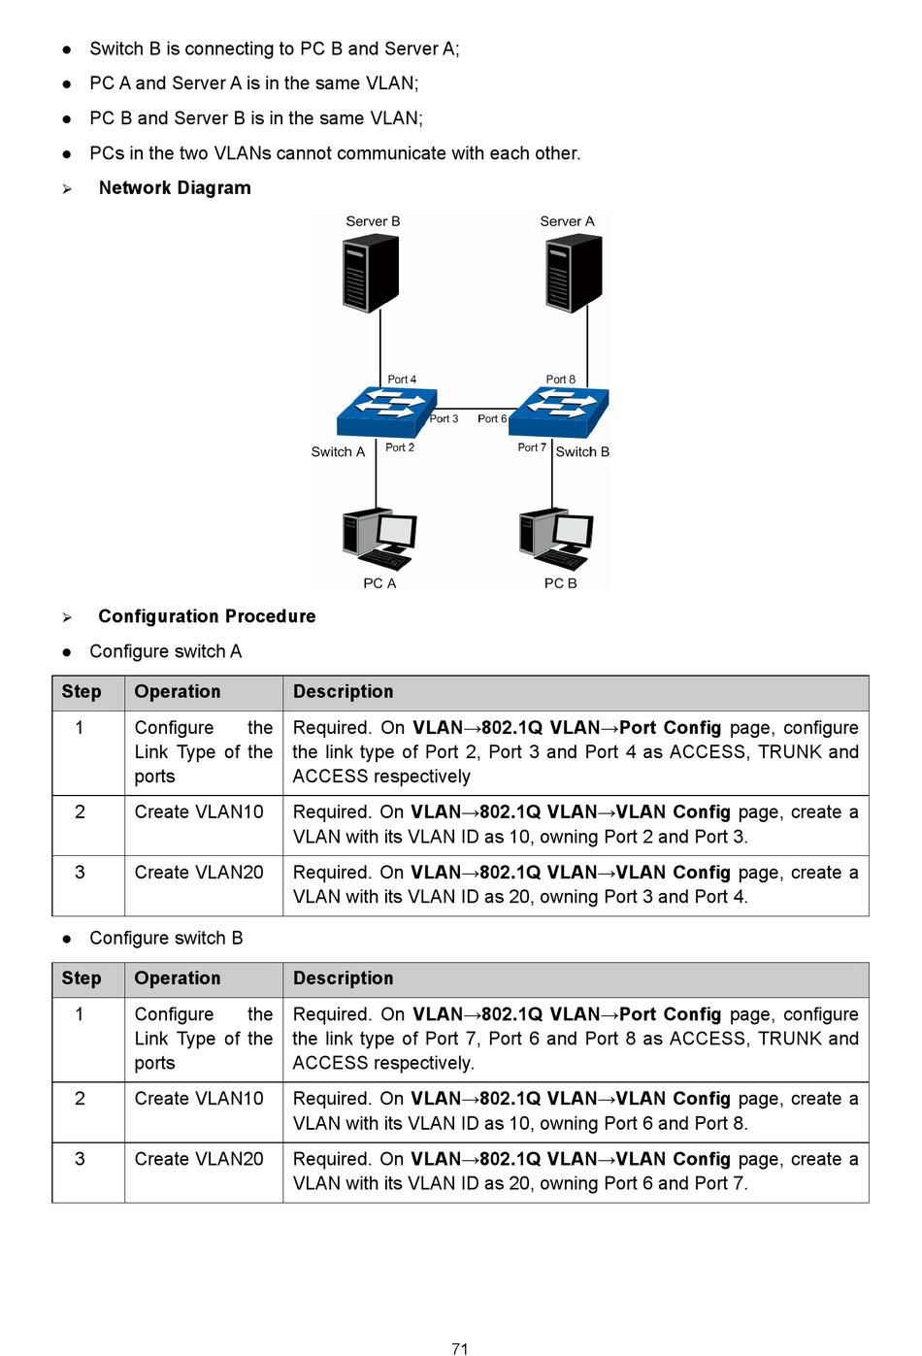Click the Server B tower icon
tap(371, 273)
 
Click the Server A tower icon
tap(574, 273)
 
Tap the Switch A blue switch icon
tap(387, 413)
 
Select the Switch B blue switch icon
tap(559, 413)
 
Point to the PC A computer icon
tap(379, 539)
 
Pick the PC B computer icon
tap(556, 539)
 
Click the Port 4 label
tap(402, 380)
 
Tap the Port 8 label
tap(561, 380)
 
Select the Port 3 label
tap(444, 419)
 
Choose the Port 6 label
tap(492, 419)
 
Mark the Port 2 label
tap(400, 447)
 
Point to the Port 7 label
tap(532, 447)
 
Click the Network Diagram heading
tap(175, 188)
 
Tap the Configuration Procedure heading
tap(207, 616)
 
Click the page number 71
tap(460, 1348)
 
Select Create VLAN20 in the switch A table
tap(199, 873)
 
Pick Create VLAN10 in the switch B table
tap(199, 1099)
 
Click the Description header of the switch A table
tap(344, 692)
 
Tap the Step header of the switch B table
tap(82, 978)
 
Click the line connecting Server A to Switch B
tap(587, 347)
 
